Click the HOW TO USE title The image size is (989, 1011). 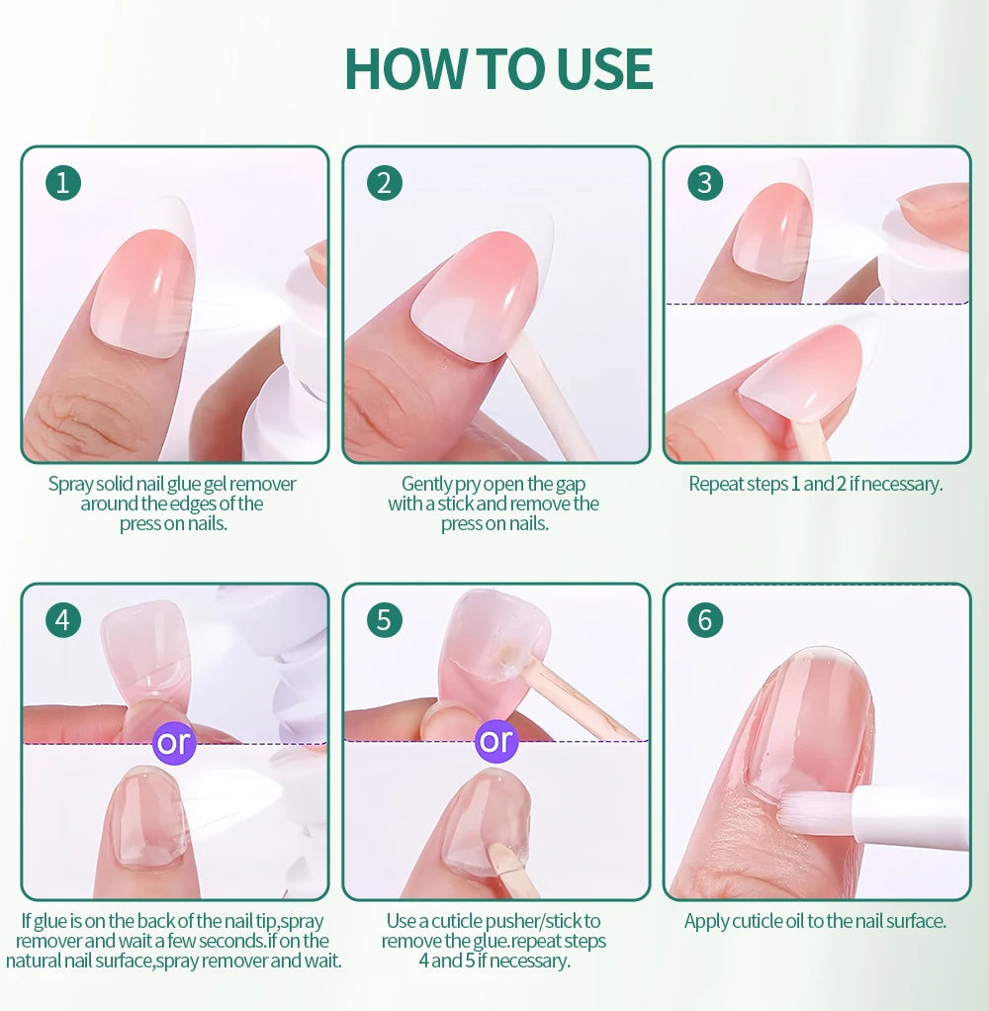click(498, 68)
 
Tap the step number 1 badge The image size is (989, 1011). click(63, 183)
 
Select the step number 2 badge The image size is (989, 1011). click(384, 183)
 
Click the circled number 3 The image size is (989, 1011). click(704, 183)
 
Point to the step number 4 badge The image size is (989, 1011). click(63, 620)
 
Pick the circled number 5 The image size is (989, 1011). click(384, 620)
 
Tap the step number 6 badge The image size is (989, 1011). click(704, 620)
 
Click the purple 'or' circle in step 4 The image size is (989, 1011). click(174, 742)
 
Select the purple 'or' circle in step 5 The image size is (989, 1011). click(496, 741)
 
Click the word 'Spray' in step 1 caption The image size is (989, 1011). click(71, 484)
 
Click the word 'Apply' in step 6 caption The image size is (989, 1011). click(706, 921)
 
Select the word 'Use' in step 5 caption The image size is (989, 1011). click(402, 921)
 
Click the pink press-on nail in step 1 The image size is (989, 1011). click(140, 292)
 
